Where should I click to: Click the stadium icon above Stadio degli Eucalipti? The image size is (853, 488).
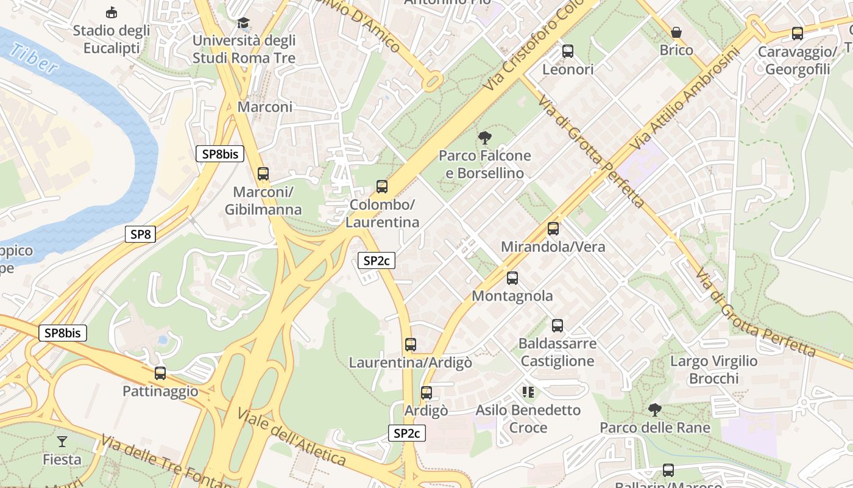[111, 12]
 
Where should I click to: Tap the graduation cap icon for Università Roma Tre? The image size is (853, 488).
[244, 23]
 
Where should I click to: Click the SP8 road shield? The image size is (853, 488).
[140, 234]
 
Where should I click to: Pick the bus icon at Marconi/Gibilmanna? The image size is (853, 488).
[263, 174]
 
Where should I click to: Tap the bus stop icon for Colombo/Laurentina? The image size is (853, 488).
[382, 187]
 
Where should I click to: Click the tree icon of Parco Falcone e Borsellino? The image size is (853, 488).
[485, 138]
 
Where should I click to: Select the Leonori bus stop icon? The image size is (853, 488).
[568, 51]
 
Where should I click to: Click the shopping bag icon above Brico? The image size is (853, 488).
[676, 32]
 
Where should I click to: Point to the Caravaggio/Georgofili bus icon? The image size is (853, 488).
[797, 34]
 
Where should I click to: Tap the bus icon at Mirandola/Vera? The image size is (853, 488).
[553, 229]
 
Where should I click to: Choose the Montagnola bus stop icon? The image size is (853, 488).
[512, 278]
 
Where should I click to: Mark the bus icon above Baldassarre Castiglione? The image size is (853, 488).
[557, 326]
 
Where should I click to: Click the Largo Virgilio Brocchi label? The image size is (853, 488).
[713, 370]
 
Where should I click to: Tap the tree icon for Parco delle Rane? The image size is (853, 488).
[655, 410]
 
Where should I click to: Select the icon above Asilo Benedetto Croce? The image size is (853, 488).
[528, 392]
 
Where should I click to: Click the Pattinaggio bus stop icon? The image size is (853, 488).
[160, 373]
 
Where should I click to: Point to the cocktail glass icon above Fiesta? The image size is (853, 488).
[62, 441]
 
